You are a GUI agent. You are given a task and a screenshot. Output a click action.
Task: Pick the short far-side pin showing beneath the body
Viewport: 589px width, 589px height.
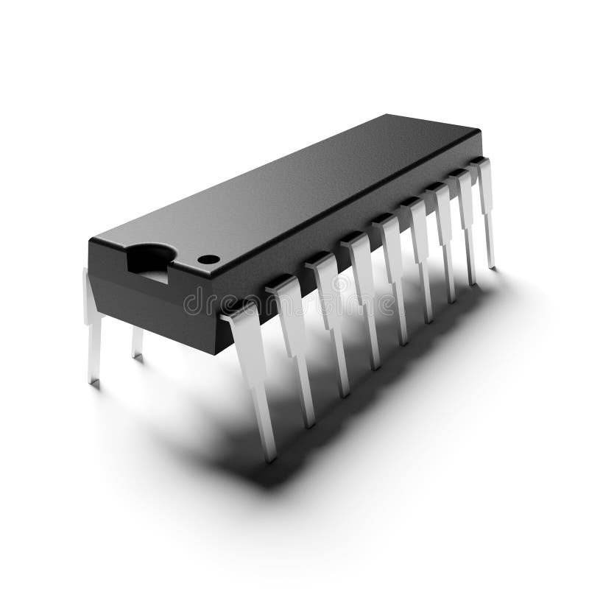tap(137, 343)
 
